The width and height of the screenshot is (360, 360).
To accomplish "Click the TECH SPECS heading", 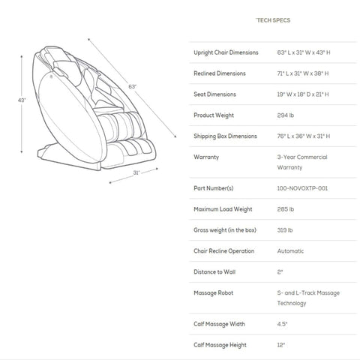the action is coord(273,20).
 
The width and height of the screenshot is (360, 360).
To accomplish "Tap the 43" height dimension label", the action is coord(22,100).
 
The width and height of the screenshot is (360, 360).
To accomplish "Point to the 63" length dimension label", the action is coord(132,86).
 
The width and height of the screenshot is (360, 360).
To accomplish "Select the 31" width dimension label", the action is coord(136,172).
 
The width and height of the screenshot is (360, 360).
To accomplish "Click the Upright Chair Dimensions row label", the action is coord(226,52).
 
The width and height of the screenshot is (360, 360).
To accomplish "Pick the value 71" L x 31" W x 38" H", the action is coord(303,73).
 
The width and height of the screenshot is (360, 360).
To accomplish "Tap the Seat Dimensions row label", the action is coord(214,94).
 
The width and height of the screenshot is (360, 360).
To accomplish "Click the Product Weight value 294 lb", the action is coord(286,115).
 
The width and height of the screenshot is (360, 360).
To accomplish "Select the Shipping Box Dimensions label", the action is coord(225,136).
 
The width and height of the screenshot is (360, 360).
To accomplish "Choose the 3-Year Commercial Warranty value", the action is coord(302,162).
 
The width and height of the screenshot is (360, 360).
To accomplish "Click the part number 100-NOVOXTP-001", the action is coord(302,188).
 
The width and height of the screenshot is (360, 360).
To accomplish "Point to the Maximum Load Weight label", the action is coord(223,209).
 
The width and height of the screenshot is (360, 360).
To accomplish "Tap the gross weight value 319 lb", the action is coord(285,230).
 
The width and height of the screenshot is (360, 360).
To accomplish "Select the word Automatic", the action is coord(290,251).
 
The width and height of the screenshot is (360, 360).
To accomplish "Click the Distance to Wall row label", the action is coord(214,271).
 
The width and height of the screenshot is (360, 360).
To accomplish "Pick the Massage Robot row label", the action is coord(214,292).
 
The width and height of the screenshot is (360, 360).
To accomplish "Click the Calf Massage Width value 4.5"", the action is coord(282,324).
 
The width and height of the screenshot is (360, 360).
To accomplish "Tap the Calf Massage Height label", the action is coord(220,345).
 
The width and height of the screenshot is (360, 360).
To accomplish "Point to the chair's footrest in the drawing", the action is coord(130,154).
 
